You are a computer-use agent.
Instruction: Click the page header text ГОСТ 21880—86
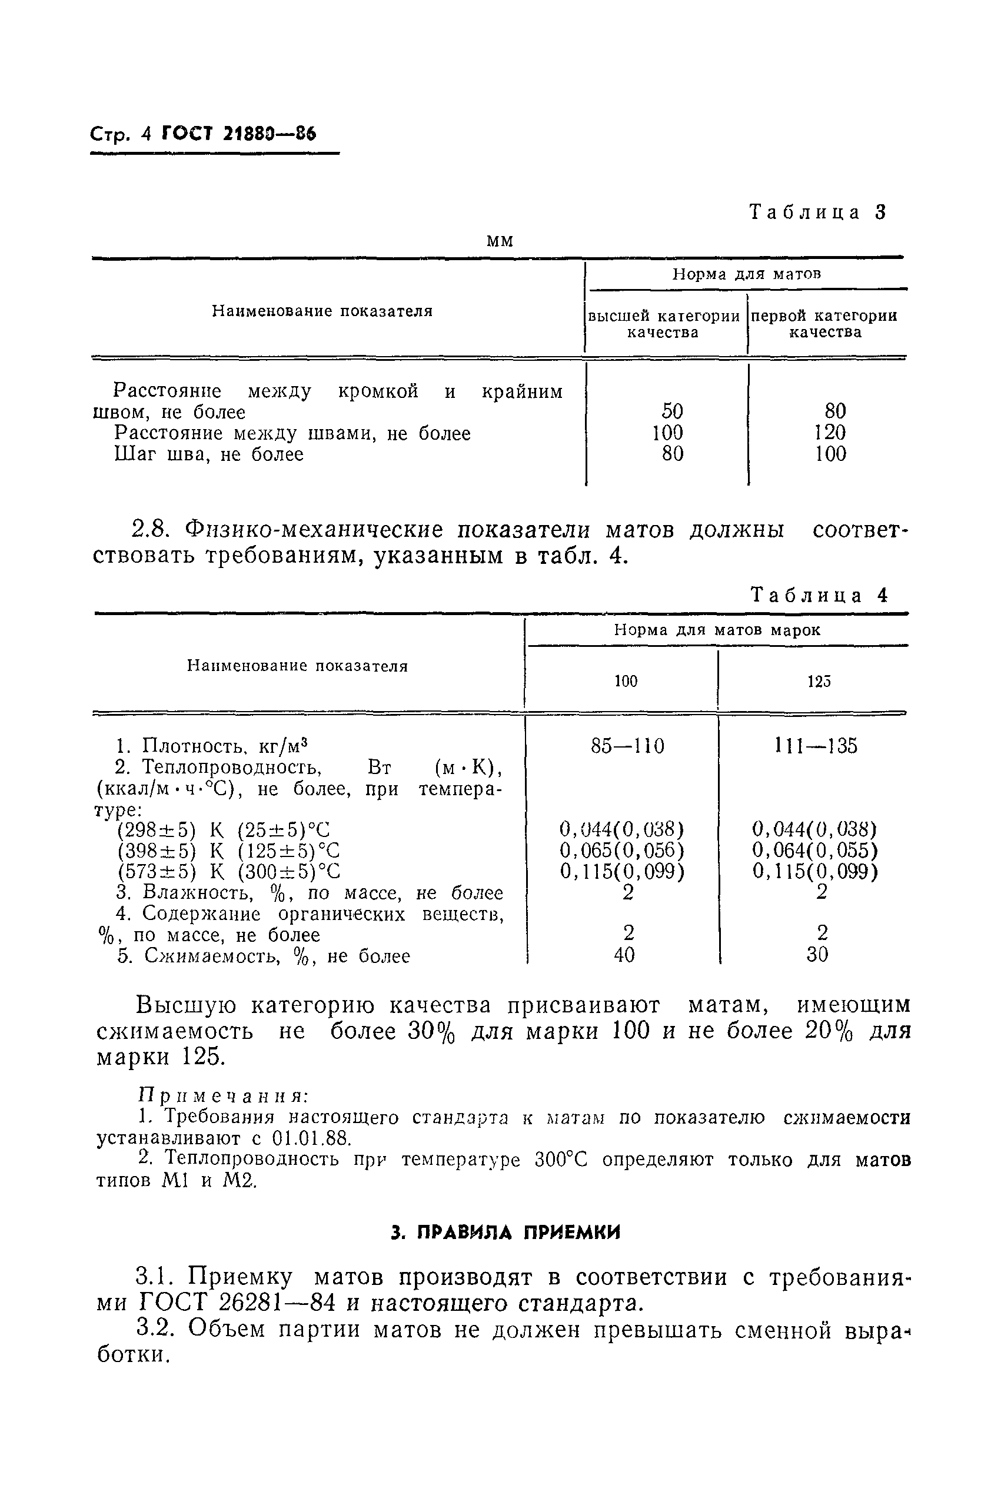pyautogui.click(x=240, y=134)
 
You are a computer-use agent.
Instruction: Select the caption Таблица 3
pyautogui.click(x=818, y=212)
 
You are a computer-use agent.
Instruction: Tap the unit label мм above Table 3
pyautogui.click(x=500, y=241)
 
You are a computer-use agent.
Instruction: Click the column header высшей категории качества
pyautogui.click(x=663, y=324)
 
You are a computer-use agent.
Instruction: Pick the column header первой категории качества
pyautogui.click(x=824, y=324)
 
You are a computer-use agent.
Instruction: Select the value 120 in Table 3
pyautogui.click(x=830, y=433)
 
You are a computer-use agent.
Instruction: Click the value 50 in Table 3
pyautogui.click(x=672, y=411)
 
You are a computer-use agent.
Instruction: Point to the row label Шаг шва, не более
pyautogui.click(x=209, y=454)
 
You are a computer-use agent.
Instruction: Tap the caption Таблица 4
pyautogui.click(x=819, y=596)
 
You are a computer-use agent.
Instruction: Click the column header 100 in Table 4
pyautogui.click(x=626, y=681)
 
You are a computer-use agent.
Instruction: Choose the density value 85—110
pyautogui.click(x=627, y=746)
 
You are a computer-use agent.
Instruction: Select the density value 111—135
pyautogui.click(x=816, y=746)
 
